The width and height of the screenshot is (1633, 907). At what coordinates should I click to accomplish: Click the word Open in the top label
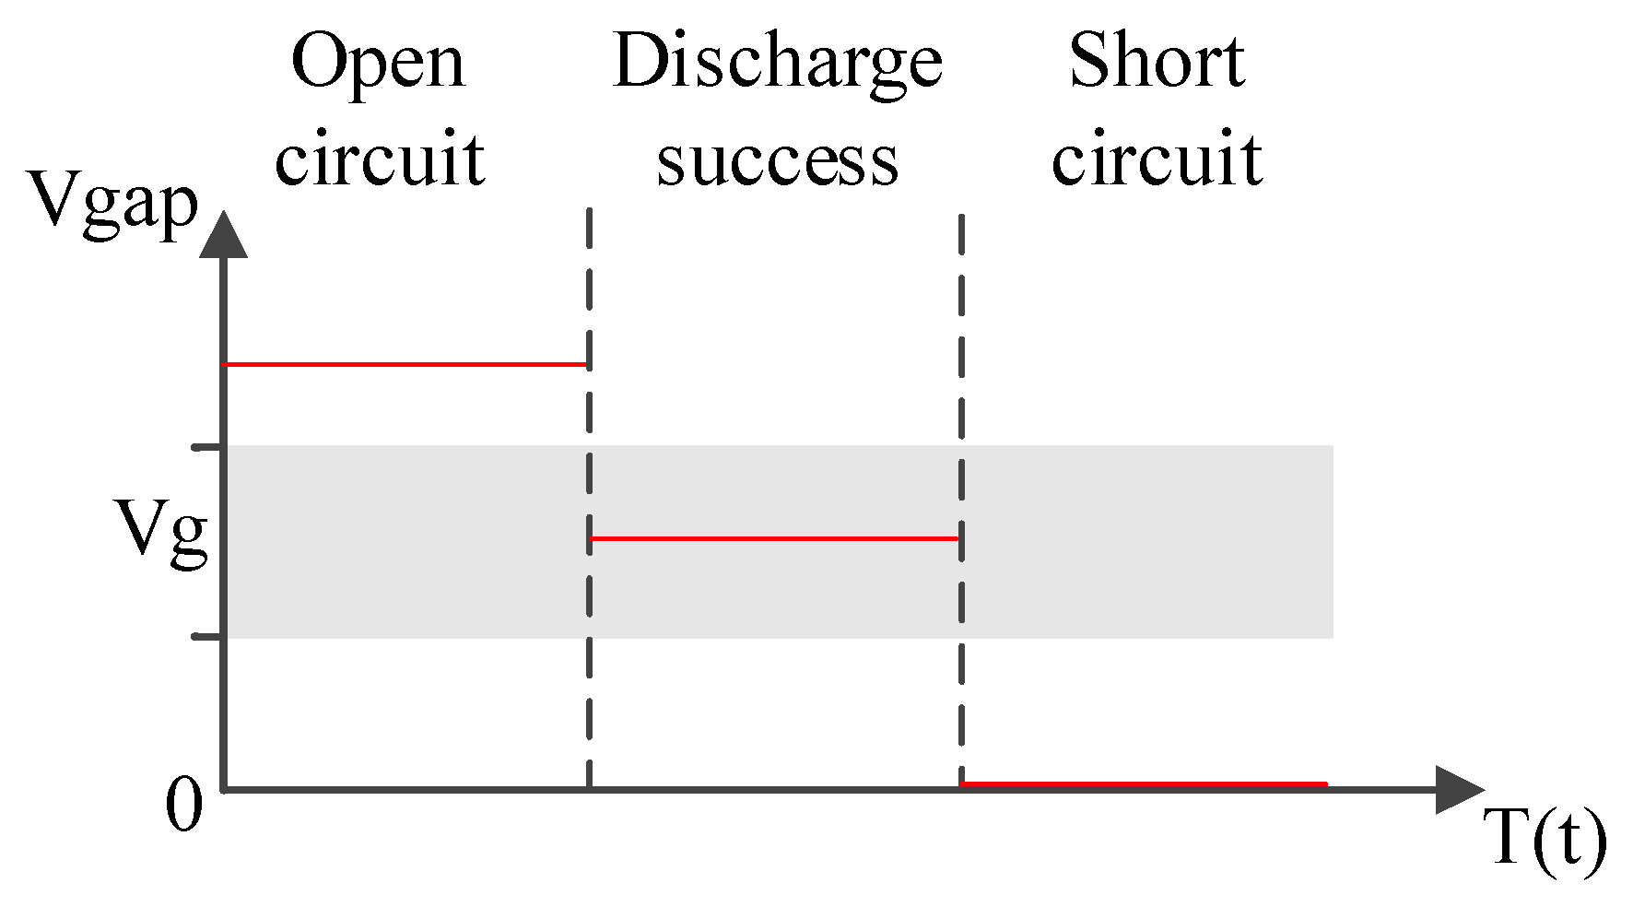click(378, 63)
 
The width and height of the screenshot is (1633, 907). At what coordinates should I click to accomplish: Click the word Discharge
click(777, 63)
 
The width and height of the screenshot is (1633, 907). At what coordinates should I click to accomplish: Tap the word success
click(777, 160)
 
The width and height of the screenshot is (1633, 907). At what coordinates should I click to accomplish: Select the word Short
click(1157, 61)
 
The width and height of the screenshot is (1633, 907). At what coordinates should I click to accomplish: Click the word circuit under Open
click(379, 159)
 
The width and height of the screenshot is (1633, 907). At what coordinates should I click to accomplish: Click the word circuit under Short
click(1157, 159)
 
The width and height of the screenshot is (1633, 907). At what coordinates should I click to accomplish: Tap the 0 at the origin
click(183, 805)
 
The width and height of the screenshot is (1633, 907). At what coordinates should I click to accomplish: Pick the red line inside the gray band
click(774, 538)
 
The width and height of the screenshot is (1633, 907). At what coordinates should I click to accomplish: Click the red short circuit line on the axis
click(1143, 784)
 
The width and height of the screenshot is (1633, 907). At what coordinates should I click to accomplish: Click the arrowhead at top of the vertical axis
click(223, 234)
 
